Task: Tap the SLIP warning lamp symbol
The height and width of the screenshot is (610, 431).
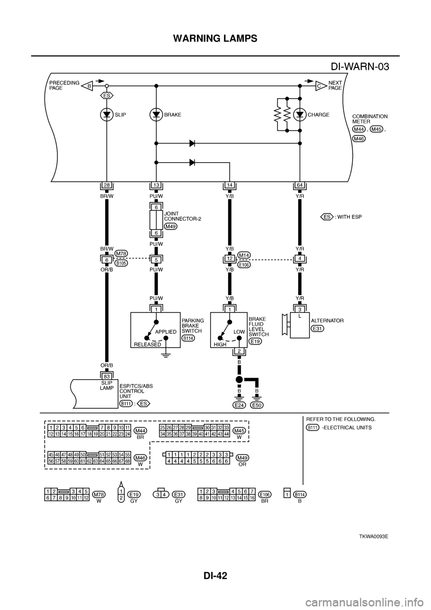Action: [107, 115]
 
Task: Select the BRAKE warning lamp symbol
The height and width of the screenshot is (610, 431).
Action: [156, 115]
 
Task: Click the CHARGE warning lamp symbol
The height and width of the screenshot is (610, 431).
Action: [299, 115]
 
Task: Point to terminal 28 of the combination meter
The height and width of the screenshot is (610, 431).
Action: [107, 185]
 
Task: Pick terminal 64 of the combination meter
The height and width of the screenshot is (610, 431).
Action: [299, 185]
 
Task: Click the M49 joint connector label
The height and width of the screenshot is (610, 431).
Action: [171, 226]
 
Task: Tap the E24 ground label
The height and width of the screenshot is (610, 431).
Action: [239, 405]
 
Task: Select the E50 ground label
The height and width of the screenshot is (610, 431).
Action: [257, 405]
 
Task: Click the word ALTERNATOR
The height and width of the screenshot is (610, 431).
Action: [327, 321]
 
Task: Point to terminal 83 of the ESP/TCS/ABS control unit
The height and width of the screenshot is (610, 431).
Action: [107, 376]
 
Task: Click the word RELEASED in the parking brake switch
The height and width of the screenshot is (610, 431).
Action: [147, 344]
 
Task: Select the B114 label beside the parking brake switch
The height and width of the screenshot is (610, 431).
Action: [188, 338]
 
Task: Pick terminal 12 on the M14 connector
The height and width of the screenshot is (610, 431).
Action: [229, 259]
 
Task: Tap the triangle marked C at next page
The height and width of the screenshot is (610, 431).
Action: [320, 85]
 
